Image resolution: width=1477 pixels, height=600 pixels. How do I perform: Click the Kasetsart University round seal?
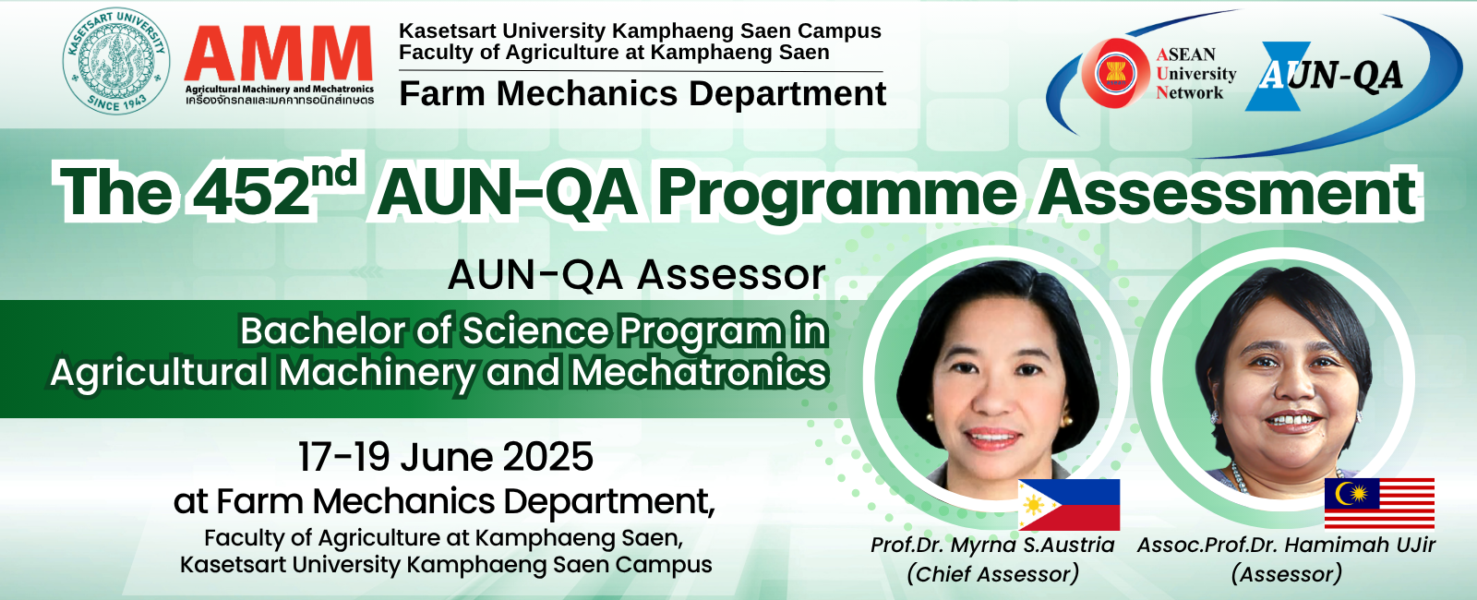[x=116, y=61]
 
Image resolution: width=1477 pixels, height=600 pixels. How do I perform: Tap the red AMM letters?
[x=279, y=54]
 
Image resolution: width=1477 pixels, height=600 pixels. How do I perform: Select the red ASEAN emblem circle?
[x=1115, y=73]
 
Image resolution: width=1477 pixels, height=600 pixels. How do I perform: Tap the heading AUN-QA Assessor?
[x=636, y=274]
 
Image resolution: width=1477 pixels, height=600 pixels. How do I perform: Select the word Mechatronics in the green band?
[x=699, y=372]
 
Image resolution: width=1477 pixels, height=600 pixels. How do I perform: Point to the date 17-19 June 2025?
[x=446, y=457]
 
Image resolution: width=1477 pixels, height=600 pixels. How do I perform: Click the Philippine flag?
[x=1069, y=504]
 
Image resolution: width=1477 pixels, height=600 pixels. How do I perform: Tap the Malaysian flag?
[x=1379, y=503]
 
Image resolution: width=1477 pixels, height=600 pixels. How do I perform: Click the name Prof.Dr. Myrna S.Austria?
[x=992, y=546]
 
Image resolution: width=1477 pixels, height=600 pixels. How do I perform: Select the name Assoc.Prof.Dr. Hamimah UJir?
[x=1286, y=546]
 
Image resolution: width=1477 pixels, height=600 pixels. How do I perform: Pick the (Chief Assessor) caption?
[x=993, y=574]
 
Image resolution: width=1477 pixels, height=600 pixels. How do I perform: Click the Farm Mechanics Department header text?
[x=642, y=93]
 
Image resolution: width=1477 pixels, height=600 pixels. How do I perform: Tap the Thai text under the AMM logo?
[x=280, y=101]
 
